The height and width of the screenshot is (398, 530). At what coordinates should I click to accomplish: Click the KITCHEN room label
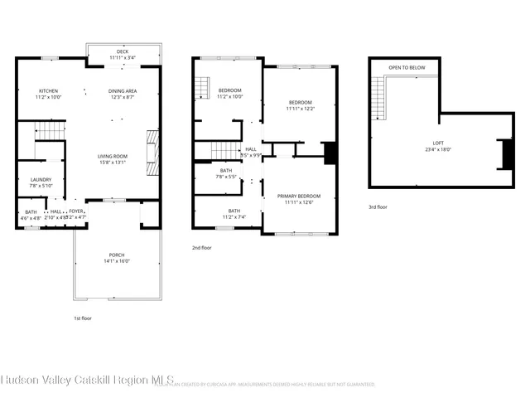(x=48, y=90)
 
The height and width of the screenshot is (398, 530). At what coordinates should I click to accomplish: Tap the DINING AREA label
(x=123, y=90)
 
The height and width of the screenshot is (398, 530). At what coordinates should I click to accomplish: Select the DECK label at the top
(x=123, y=51)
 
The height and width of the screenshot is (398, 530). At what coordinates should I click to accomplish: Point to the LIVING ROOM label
(x=113, y=155)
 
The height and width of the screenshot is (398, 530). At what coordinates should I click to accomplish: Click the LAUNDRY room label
(x=41, y=179)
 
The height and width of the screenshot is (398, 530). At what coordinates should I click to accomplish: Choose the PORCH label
(x=117, y=255)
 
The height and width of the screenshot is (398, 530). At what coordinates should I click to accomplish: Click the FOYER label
(x=76, y=211)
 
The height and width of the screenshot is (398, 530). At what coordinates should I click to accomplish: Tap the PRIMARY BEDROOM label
(x=299, y=196)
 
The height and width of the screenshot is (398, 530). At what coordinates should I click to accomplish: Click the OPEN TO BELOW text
(x=407, y=68)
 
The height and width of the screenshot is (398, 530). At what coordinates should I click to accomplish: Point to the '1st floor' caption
(x=83, y=318)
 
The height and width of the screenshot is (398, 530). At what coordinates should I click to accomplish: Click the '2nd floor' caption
(x=202, y=248)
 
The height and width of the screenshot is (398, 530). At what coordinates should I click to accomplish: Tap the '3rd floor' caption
(x=378, y=207)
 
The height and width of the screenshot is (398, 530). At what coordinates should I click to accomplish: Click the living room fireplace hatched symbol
(x=152, y=153)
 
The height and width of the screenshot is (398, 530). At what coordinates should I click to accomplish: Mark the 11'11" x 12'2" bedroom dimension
(x=299, y=109)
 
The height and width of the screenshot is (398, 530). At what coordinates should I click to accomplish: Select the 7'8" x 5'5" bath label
(x=226, y=177)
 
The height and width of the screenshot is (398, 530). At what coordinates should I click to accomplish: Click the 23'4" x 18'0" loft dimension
(x=438, y=150)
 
